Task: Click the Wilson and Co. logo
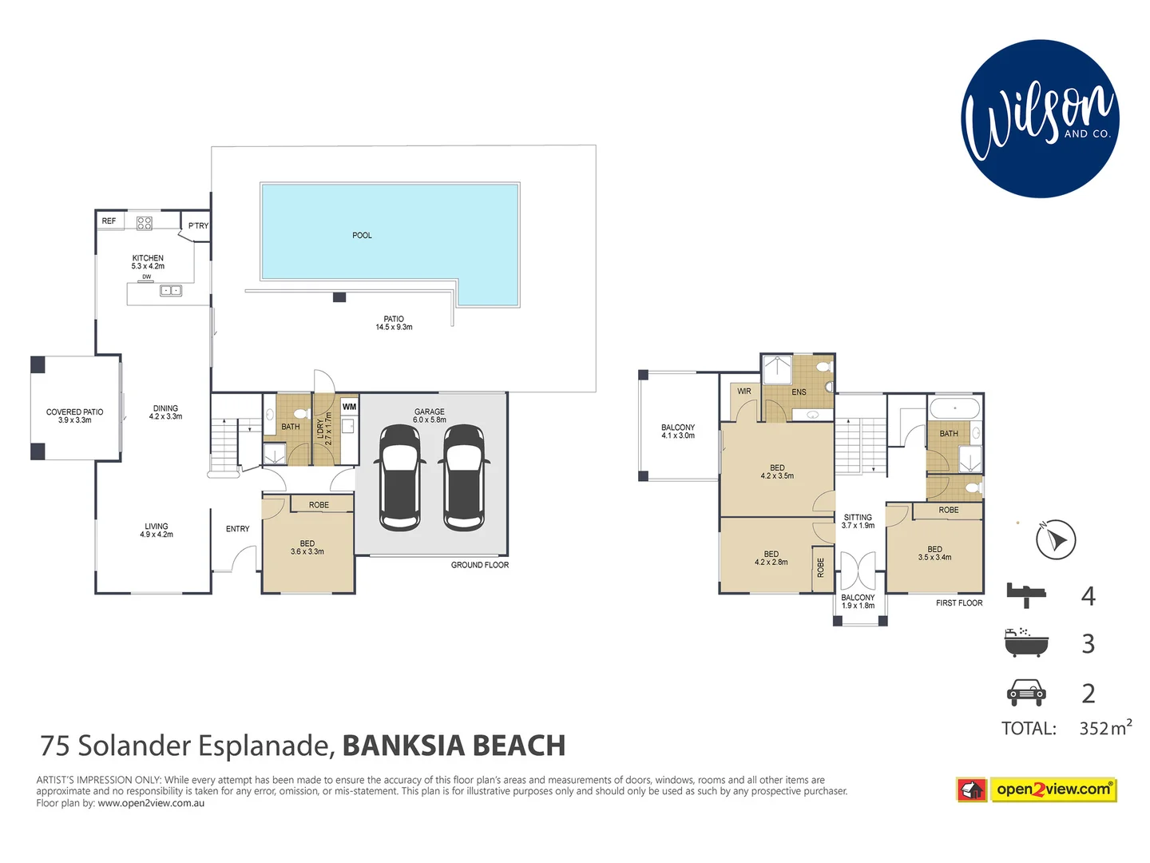[x=1040, y=119]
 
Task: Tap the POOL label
[x=362, y=236]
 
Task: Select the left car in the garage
[x=399, y=477]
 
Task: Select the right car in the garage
[x=464, y=477]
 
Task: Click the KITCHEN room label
[x=148, y=258]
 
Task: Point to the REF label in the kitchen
[x=109, y=221]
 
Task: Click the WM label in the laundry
[x=349, y=407]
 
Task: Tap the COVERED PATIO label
[x=74, y=412]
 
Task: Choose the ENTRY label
[x=237, y=529]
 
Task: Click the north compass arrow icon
[x=1056, y=539]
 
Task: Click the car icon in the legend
[x=1025, y=692]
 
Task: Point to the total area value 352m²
[x=1104, y=728]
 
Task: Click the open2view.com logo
[x=1037, y=789]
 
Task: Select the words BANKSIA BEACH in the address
[x=454, y=746]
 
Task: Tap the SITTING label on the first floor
[x=858, y=518]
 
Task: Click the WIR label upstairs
[x=744, y=392]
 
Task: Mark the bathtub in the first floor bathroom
[x=954, y=408]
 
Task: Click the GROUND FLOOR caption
[x=479, y=565]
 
